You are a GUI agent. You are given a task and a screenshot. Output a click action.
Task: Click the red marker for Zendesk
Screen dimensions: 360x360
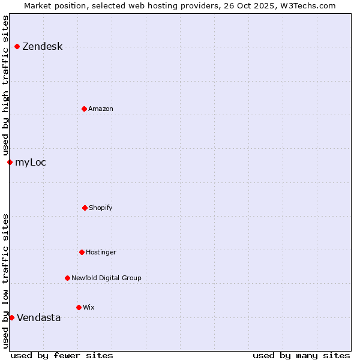pyautogui.click(x=17, y=47)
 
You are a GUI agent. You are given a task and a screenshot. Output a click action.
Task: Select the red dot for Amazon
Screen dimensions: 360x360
pyautogui.click(x=84, y=109)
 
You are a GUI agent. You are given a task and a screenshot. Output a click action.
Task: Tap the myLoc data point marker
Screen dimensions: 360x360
pyautogui.click(x=10, y=162)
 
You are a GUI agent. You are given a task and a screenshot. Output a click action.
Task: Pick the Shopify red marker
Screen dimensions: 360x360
pyautogui.click(x=85, y=208)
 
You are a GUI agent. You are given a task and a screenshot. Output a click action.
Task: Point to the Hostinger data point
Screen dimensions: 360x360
pyautogui.click(x=82, y=252)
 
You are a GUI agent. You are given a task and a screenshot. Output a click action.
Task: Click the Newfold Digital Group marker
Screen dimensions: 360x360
pyautogui.click(x=67, y=278)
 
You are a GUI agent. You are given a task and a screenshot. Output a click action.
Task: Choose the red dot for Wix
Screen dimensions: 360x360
pyautogui.click(x=79, y=307)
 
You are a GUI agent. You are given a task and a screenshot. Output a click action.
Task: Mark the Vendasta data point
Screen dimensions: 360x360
pyautogui.click(x=11, y=317)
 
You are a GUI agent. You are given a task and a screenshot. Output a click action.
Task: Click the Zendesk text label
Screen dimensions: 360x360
pyautogui.click(x=42, y=47)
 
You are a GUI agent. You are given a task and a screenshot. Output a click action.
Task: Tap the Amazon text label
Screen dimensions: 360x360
pyautogui.click(x=101, y=109)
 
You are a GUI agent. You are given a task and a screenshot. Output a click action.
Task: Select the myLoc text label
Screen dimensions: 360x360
pyautogui.click(x=31, y=162)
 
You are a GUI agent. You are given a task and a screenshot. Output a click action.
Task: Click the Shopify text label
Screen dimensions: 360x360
pyautogui.click(x=101, y=208)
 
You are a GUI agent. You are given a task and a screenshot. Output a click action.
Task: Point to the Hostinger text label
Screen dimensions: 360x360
pyautogui.click(x=101, y=252)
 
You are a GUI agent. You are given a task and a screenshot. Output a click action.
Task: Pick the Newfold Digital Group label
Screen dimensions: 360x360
pyautogui.click(x=106, y=278)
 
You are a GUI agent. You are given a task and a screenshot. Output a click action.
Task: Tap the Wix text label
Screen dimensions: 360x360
pyautogui.click(x=89, y=307)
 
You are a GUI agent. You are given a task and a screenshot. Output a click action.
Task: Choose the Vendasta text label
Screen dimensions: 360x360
pyautogui.click(x=38, y=317)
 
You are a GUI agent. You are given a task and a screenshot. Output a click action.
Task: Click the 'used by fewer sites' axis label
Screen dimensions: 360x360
pyautogui.click(x=62, y=355)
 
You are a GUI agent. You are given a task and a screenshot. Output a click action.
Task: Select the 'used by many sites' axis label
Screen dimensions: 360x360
pyautogui.click(x=301, y=355)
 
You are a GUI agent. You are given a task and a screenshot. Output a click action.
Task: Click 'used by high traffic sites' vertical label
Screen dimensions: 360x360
pyautogui.click(x=5, y=86)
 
